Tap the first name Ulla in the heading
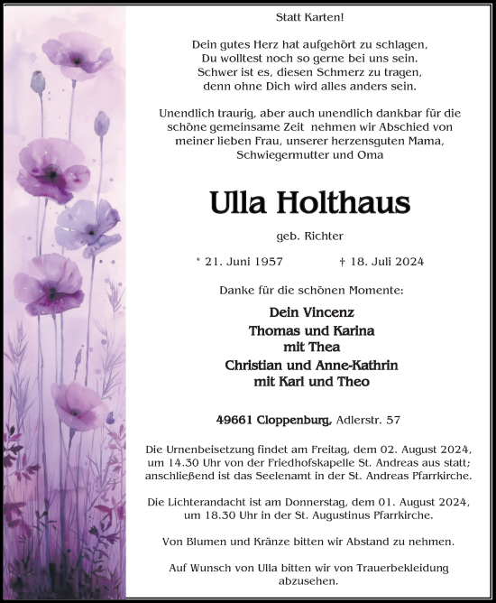[x=238, y=202]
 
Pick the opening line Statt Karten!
[x=310, y=17]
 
